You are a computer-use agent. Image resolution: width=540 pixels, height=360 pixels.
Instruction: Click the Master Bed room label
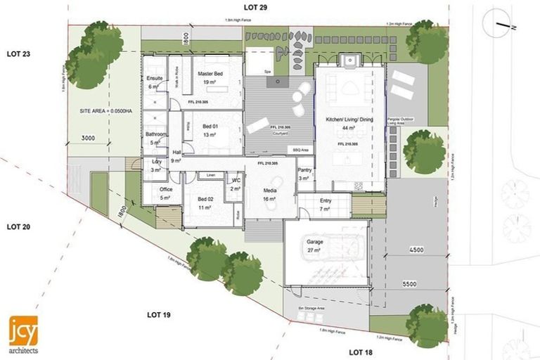pyautogui.click(x=210, y=74)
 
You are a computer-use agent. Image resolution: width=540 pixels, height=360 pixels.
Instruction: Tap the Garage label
pyautogui.click(x=314, y=241)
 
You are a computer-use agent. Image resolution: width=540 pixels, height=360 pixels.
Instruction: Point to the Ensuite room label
pyautogui.click(x=155, y=77)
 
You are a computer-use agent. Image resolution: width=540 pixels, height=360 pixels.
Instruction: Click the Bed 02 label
pyautogui.click(x=205, y=200)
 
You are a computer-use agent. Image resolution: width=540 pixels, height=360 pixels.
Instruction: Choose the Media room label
pyautogui.click(x=270, y=191)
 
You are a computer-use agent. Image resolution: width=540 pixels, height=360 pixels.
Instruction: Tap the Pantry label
pyautogui.click(x=304, y=170)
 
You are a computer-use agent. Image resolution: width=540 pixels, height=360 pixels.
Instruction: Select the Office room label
pyautogui.click(x=166, y=189)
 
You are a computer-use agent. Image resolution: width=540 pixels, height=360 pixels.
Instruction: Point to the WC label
pyautogui.click(x=236, y=181)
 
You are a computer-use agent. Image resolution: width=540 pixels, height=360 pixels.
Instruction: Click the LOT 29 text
pyautogui.click(x=250, y=7)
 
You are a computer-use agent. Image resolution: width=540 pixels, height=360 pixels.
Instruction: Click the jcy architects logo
pyautogui.click(x=24, y=334)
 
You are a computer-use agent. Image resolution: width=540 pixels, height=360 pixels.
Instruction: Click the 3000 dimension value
pyautogui.click(x=88, y=138)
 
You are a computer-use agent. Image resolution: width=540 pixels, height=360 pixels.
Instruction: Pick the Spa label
pyautogui.click(x=267, y=72)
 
